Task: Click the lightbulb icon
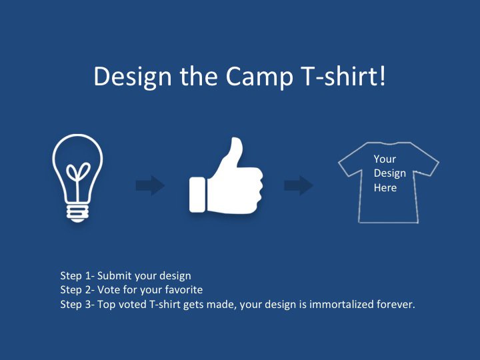(x=77, y=178)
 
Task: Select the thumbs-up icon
(x=226, y=175)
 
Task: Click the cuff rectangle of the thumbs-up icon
(x=197, y=195)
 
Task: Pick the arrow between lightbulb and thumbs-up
(x=150, y=185)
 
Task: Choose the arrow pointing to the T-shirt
(x=299, y=185)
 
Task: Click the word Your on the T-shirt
(x=385, y=159)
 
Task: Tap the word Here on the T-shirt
(x=385, y=187)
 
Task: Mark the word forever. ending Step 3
(x=396, y=304)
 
